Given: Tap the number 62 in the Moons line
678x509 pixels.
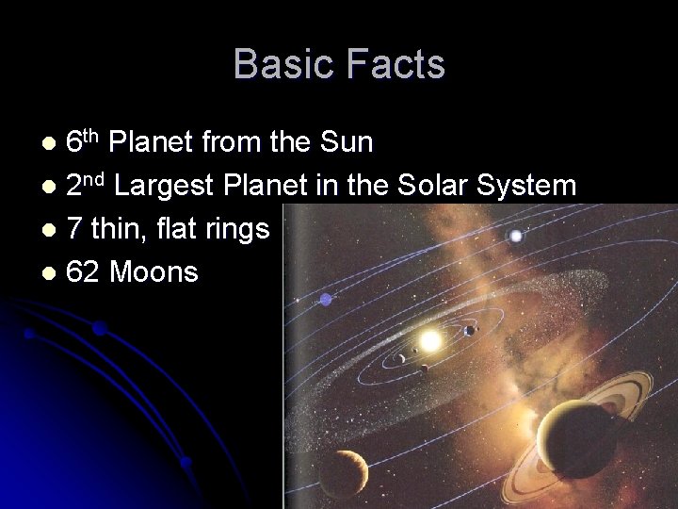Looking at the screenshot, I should [x=83, y=272].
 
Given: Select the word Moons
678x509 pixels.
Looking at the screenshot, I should [x=153, y=272].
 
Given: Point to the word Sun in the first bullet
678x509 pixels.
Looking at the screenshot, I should [x=346, y=142].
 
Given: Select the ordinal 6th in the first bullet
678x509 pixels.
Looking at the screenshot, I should [x=82, y=141].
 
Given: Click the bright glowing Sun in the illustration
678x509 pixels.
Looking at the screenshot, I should [x=431, y=337].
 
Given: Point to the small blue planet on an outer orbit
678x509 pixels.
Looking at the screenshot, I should [x=326, y=300].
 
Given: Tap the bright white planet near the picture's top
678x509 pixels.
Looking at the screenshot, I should [x=516, y=236].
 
